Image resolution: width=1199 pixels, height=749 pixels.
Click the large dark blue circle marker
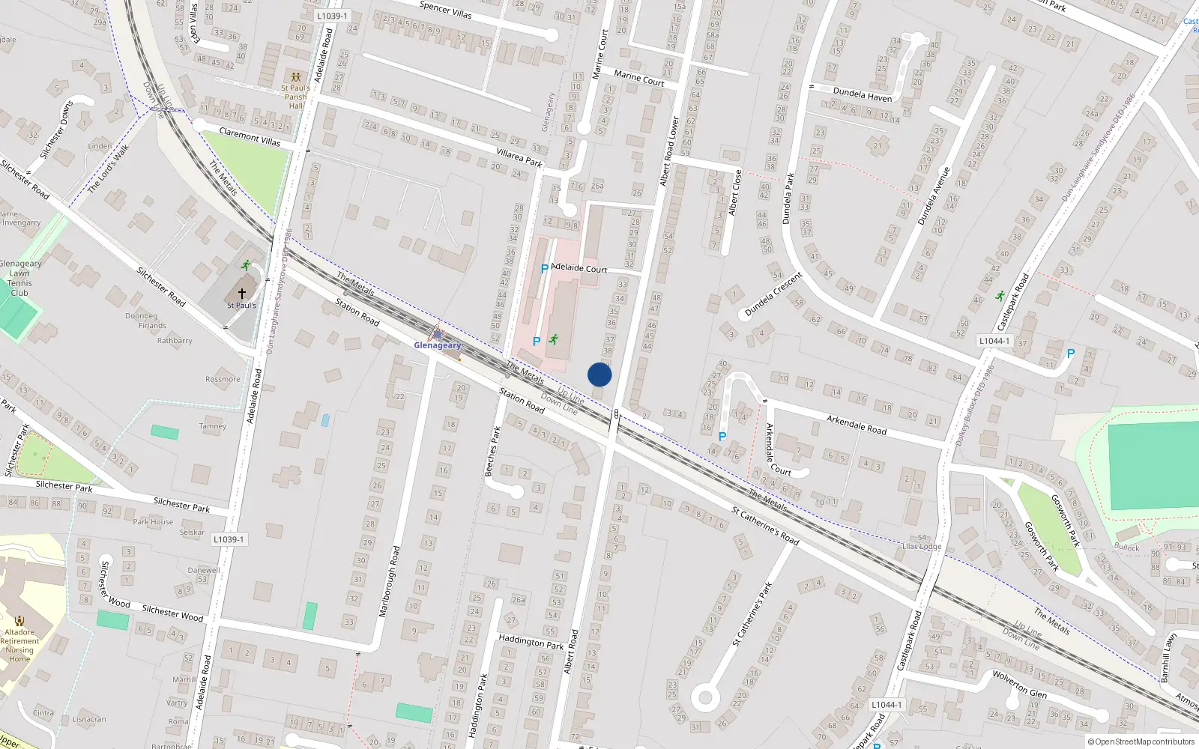click(x=599, y=374)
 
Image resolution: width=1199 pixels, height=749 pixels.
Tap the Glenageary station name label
click(x=438, y=345)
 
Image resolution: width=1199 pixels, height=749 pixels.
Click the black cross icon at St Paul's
click(x=242, y=294)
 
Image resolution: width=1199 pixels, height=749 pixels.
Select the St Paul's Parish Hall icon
click(x=296, y=77)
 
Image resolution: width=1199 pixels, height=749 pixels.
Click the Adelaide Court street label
click(x=579, y=268)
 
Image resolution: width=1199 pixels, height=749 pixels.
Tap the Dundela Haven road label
click(x=863, y=95)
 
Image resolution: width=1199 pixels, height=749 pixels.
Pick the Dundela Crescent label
click(x=773, y=294)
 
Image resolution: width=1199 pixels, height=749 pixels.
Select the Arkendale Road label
click(x=856, y=425)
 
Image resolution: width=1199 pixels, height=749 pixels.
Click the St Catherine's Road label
click(x=765, y=526)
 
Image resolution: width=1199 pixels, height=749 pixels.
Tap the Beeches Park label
click(x=492, y=451)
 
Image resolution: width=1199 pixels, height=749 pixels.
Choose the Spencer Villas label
click(x=445, y=9)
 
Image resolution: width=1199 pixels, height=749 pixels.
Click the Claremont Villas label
click(x=250, y=136)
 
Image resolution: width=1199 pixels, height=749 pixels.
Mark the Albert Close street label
click(x=735, y=192)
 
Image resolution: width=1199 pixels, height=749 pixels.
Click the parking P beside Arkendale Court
click(x=722, y=436)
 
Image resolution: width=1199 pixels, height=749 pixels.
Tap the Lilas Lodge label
click(x=922, y=546)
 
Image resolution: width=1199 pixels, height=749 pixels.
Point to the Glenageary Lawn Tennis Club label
click(x=20, y=278)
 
